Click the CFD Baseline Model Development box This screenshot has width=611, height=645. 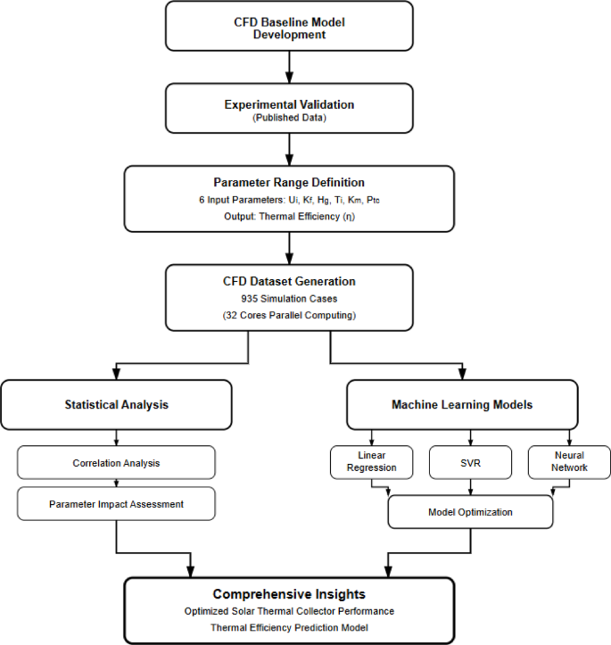pyautogui.click(x=289, y=27)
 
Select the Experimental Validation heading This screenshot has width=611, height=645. pyautogui.click(x=289, y=104)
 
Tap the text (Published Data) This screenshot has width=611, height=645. pyautogui.click(x=289, y=119)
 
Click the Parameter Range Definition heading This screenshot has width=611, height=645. pyautogui.click(x=289, y=182)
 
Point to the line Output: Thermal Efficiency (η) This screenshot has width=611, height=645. pyautogui.click(x=289, y=215)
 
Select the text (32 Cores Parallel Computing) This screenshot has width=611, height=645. pyautogui.click(x=289, y=315)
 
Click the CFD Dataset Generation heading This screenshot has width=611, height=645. pyautogui.click(x=289, y=282)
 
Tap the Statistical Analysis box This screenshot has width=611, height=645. pyautogui.click(x=117, y=404)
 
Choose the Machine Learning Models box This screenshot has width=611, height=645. pyautogui.click(x=461, y=404)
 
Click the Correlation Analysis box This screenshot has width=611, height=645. pyautogui.click(x=117, y=463)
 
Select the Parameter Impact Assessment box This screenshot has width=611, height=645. pyautogui.click(x=117, y=504)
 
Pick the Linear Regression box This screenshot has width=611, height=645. pyautogui.click(x=371, y=462)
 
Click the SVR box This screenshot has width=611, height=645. pyautogui.click(x=469, y=462)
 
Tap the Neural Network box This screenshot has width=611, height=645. pyautogui.click(x=570, y=462)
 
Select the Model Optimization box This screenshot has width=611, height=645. pyautogui.click(x=470, y=512)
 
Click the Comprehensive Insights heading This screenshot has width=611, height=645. pyautogui.click(x=289, y=594)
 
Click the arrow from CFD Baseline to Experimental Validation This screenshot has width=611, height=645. pyautogui.click(x=289, y=67)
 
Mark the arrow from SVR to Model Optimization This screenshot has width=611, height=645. pyautogui.click(x=469, y=487)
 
